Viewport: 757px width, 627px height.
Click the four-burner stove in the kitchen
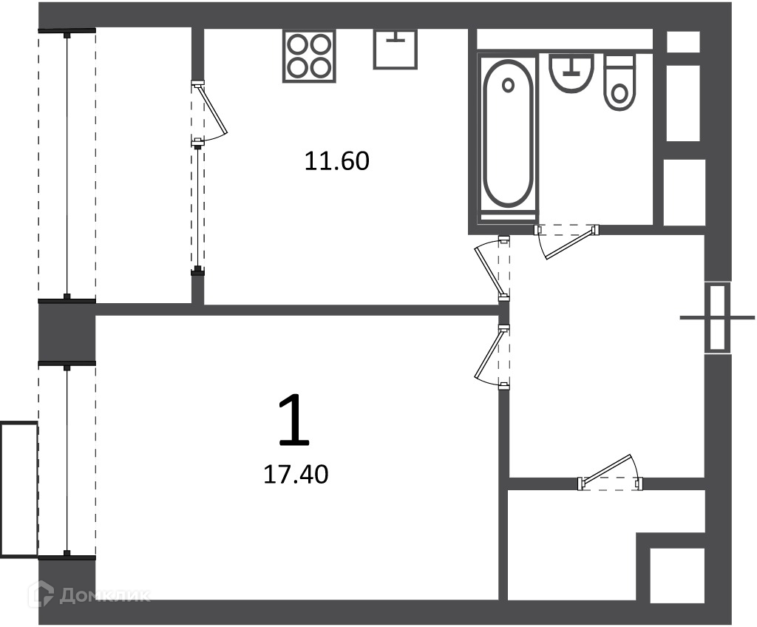(x=309, y=55)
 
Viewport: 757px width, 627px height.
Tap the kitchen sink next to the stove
(x=395, y=49)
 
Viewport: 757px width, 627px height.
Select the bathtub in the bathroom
(x=508, y=138)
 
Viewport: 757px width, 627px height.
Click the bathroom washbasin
(x=571, y=73)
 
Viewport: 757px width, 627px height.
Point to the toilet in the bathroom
(x=619, y=83)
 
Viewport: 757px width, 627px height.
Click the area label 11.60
(x=336, y=161)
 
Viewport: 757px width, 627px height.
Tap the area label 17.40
(x=296, y=475)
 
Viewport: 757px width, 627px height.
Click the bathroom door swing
(x=566, y=241)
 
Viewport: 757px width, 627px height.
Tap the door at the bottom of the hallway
(x=611, y=473)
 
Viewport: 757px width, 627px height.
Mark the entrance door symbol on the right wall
(x=717, y=317)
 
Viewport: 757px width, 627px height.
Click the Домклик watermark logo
(x=89, y=594)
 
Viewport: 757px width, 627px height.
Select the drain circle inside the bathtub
(x=507, y=85)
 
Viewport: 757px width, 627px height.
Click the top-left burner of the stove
(x=297, y=45)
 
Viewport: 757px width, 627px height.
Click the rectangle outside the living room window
(x=18, y=489)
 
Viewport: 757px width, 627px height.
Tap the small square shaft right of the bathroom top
(x=683, y=41)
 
